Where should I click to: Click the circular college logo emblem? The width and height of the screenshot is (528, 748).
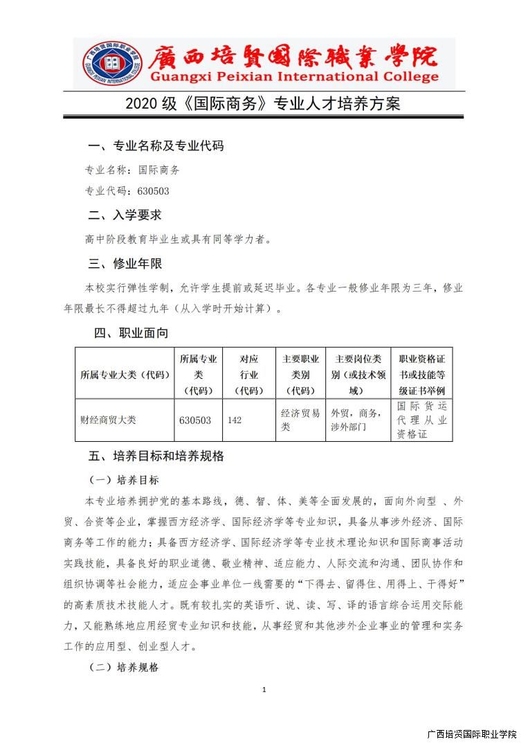pos(111,63)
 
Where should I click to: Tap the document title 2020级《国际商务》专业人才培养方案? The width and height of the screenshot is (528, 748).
pos(263,104)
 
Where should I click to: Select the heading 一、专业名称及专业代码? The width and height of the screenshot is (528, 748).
pos(156,146)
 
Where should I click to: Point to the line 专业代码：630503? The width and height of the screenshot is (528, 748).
pos(127,191)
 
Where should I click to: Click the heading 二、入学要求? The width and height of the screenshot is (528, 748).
pos(125,215)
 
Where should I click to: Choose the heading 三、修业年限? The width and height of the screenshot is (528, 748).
pos(125,263)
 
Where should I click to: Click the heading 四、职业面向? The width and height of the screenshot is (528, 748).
pos(131,333)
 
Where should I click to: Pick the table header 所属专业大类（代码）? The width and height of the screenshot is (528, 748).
pos(125,374)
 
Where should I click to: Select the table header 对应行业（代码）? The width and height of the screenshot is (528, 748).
pos(248,374)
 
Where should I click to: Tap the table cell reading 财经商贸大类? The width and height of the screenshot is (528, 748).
pos(109,420)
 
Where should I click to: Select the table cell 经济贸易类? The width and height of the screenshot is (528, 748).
pos(300,420)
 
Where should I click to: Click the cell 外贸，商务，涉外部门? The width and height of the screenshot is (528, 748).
pos(356,420)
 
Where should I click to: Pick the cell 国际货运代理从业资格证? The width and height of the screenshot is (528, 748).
pos(421,420)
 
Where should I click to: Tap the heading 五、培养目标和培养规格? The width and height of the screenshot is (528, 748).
pos(156,456)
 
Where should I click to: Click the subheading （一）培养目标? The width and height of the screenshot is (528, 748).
pos(124,480)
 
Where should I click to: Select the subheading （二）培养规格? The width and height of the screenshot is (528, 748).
pos(124,668)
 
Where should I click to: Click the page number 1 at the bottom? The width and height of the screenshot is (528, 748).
pos(264,690)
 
